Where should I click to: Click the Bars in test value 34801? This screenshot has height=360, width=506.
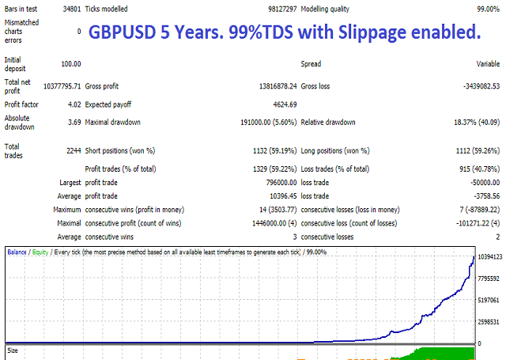pyautogui.click(x=69, y=9)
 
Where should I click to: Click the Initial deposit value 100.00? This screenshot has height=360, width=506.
pyautogui.click(x=69, y=63)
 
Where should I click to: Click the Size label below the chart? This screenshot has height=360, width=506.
pyautogui.click(x=13, y=349)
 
